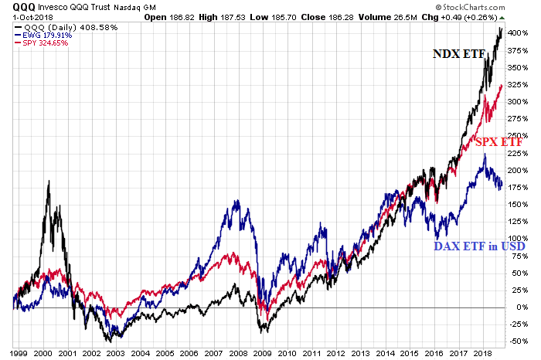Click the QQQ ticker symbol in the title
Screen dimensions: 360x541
pyautogui.click(x=15, y=7)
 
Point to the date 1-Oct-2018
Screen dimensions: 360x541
pyautogui.click(x=24, y=16)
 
